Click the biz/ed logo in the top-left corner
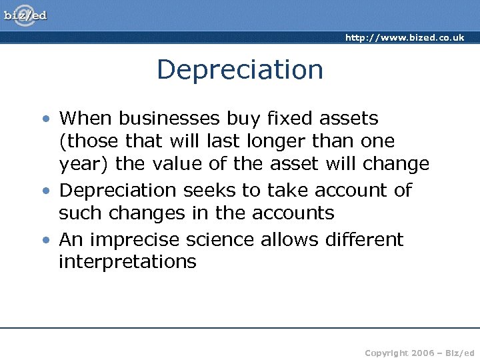coord(26,15)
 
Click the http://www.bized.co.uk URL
coord(404,37)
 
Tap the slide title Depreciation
coord(240,69)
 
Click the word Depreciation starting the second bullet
coord(118,191)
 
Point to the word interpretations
coord(127,262)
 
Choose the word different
coord(365,239)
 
